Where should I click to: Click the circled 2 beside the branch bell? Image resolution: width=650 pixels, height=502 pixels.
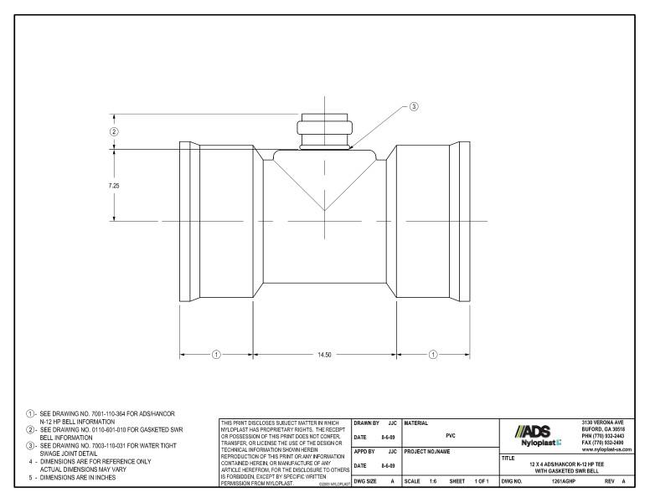114,131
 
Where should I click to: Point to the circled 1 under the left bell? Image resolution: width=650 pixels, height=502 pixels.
215,355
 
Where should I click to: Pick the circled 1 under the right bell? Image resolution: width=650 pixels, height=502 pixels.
433,355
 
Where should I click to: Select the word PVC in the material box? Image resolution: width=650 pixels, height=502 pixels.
450,435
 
